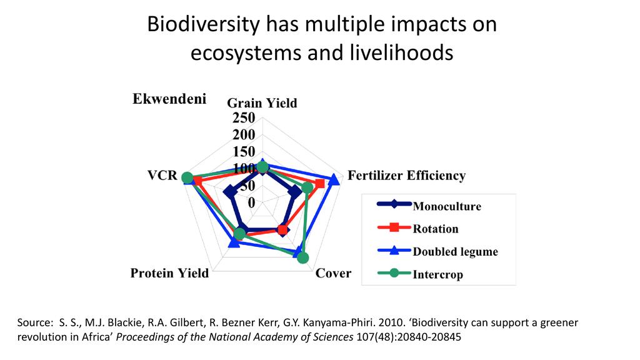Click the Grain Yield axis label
[x=261, y=103]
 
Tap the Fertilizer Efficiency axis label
[x=406, y=176]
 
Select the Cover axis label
[x=333, y=273]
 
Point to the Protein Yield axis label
[x=169, y=273]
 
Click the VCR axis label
[x=162, y=176]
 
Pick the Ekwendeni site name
[x=169, y=99]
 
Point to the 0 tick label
[x=251, y=202]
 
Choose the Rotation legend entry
[x=436, y=229]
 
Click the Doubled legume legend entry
[x=455, y=252]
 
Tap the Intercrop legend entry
[x=437, y=274]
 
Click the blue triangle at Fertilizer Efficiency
[x=334, y=180]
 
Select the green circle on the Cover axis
[x=302, y=257]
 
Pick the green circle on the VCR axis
[x=187, y=178]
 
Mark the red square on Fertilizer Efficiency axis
[x=320, y=184]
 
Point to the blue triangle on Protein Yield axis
[x=234, y=242]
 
